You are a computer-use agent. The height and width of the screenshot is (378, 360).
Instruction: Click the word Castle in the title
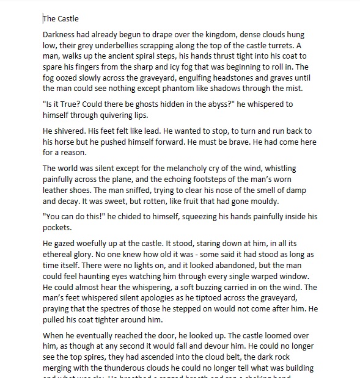[67, 19]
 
